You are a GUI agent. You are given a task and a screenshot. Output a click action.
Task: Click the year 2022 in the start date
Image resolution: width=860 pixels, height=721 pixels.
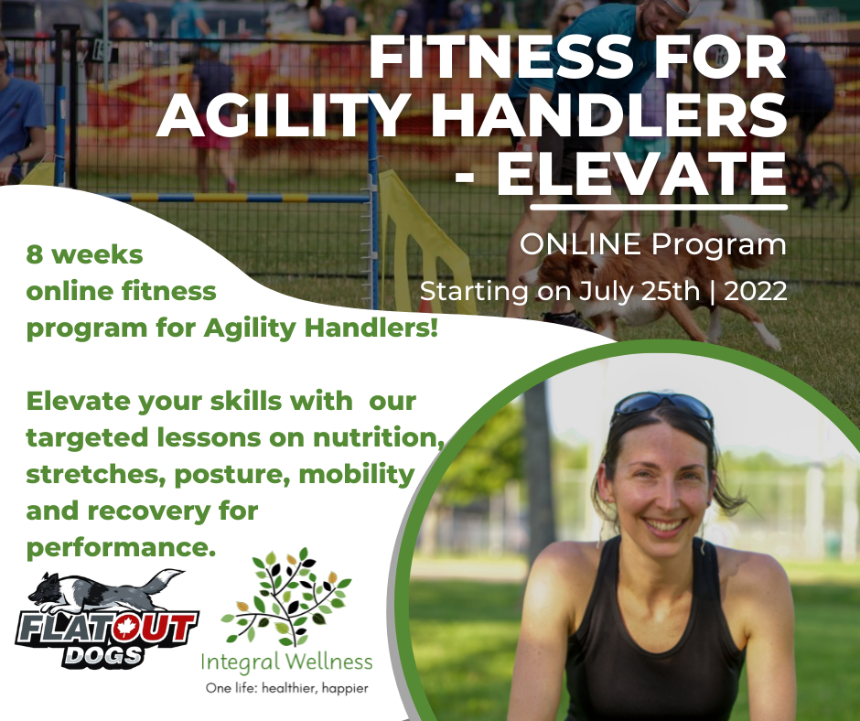pos(756,290)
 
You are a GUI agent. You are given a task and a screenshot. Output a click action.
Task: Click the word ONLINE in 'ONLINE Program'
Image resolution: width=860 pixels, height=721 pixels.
pos(580,243)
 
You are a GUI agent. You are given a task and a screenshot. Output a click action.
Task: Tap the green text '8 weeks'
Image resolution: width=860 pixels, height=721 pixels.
pos(84,254)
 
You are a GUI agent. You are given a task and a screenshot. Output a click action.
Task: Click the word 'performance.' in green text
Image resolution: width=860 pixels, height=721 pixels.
pos(121,548)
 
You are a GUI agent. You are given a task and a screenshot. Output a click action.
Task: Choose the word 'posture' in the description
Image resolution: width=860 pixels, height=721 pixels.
pos(232,475)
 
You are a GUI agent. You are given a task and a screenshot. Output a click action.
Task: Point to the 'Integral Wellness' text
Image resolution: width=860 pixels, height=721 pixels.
pos(286,662)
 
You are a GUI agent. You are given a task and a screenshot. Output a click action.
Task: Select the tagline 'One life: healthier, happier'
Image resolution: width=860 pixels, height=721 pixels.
pos(287,687)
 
